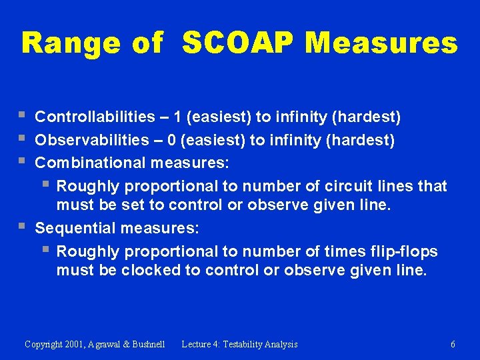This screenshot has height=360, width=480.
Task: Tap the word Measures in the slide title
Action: coord(381,44)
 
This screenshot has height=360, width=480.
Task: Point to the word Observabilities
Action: coord(92,140)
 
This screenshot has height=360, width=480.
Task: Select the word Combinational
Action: coord(91,163)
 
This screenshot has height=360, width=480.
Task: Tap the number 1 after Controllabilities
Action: coord(177,117)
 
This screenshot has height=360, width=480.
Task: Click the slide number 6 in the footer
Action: coord(453,344)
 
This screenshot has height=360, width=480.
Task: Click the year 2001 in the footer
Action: coord(77,344)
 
